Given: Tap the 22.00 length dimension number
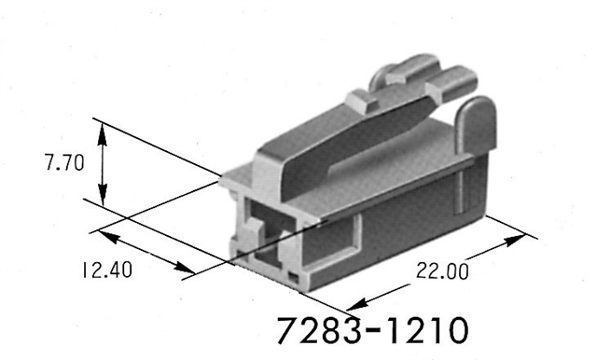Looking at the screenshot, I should [x=441, y=271].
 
